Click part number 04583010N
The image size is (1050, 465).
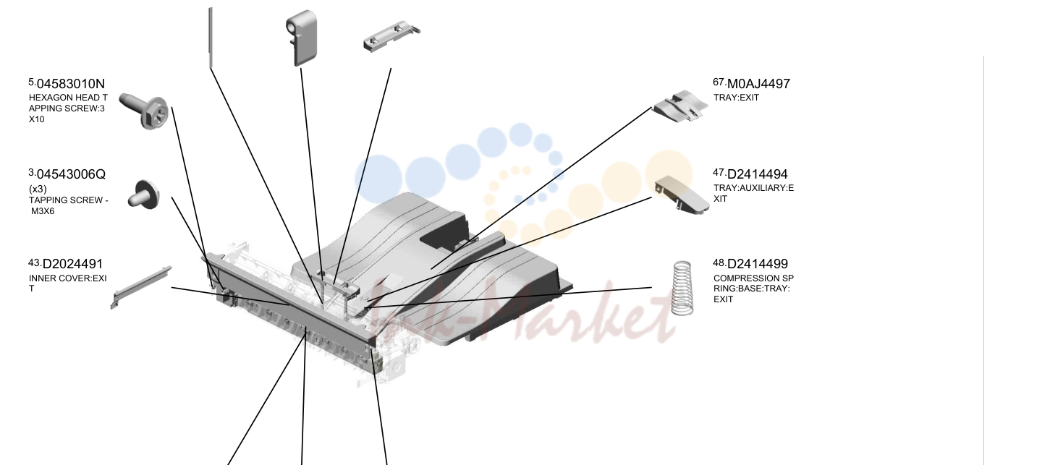(x=71, y=84)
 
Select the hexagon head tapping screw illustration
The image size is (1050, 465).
(x=143, y=111)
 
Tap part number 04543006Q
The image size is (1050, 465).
(x=71, y=174)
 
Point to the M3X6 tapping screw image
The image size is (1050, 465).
(x=144, y=195)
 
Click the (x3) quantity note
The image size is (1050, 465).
(x=38, y=189)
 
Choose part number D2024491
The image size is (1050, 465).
(x=72, y=264)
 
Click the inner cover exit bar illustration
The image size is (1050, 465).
(x=141, y=287)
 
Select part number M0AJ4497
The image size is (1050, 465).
(x=758, y=84)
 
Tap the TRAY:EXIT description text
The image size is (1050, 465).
(x=736, y=98)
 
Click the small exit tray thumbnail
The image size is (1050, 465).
(x=680, y=106)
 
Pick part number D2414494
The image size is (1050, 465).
(x=757, y=174)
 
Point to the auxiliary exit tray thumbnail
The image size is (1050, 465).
(x=682, y=195)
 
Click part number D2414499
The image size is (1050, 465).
(x=758, y=264)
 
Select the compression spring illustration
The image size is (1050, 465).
(x=682, y=288)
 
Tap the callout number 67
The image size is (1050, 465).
(x=719, y=82)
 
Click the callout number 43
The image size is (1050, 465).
(x=34, y=263)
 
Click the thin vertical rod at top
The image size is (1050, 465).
(x=211, y=38)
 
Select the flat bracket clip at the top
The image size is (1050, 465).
(x=391, y=37)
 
